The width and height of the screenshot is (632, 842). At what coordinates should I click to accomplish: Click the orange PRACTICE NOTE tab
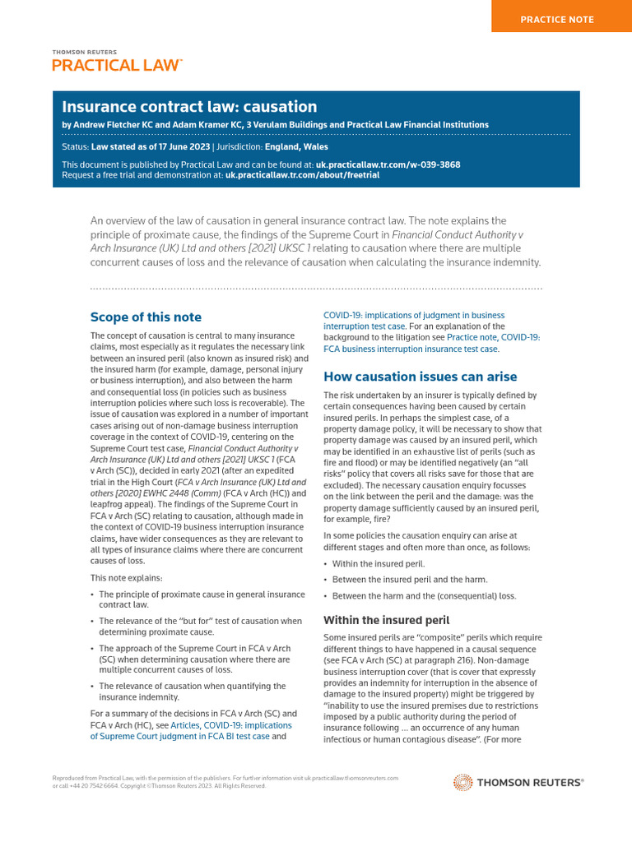[x=562, y=19]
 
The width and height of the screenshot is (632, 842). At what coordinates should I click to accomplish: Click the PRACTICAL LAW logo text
[x=116, y=65]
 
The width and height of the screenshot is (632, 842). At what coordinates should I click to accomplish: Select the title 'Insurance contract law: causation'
[x=189, y=107]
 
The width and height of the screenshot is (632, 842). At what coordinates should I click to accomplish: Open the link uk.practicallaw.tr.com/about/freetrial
[x=302, y=175]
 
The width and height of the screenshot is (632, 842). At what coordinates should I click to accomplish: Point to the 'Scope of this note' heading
[x=146, y=317]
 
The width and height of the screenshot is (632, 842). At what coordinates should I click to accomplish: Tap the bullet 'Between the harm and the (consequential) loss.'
[x=424, y=596]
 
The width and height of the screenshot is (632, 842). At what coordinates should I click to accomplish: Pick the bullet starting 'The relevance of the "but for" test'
[x=200, y=627]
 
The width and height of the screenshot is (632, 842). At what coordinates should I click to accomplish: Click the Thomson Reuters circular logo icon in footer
[x=463, y=783]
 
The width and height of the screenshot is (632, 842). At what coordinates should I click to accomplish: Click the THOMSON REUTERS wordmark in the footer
[x=530, y=783]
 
